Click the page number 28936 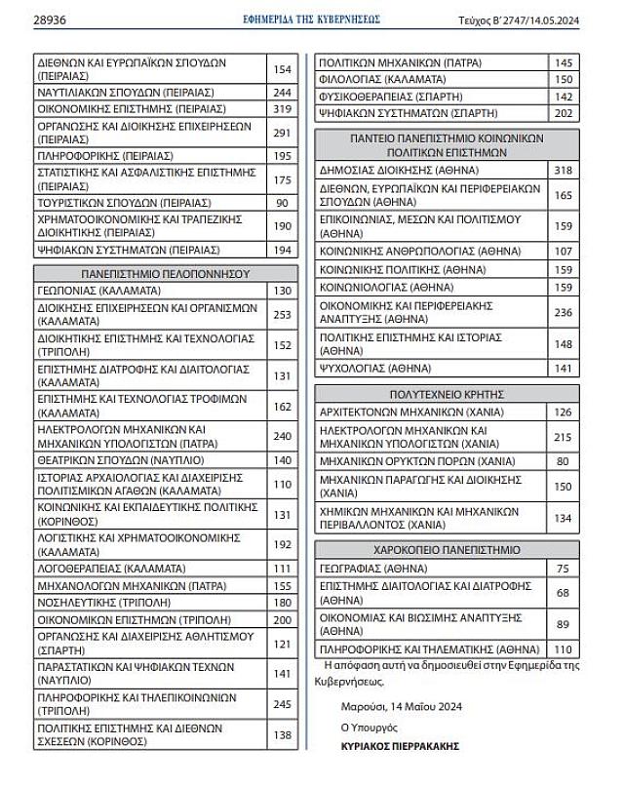51,19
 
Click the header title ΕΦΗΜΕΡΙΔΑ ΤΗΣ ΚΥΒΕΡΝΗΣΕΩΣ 311,19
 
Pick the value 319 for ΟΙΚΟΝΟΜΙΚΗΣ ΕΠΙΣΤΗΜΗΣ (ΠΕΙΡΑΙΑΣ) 283,109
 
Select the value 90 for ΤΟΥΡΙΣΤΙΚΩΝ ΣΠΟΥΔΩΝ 283,203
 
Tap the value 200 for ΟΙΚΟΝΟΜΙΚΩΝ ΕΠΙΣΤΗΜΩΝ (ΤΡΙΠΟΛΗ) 283,620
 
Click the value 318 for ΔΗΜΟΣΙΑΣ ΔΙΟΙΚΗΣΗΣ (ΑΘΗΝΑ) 563,171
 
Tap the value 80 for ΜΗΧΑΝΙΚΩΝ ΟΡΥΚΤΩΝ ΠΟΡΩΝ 563,461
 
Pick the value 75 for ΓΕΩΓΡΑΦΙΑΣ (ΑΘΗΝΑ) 563,569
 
